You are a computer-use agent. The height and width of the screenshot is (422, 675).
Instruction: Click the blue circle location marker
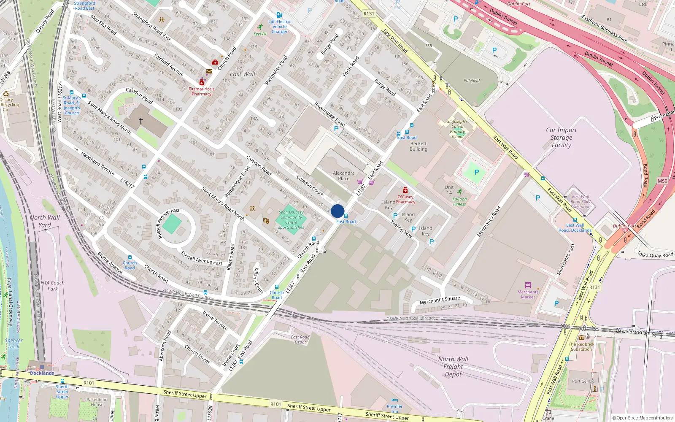[x=337, y=211]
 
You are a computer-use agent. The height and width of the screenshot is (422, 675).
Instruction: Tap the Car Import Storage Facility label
[x=561, y=138]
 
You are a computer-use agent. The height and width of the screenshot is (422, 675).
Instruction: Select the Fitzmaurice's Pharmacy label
[x=202, y=91]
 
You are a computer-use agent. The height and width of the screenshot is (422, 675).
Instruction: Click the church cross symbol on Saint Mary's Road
[x=141, y=121]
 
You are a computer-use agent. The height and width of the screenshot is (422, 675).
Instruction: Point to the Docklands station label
[x=42, y=373]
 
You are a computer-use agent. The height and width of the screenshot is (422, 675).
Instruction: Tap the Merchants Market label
[x=528, y=294]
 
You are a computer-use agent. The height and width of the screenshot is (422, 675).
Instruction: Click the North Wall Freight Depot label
[x=453, y=366]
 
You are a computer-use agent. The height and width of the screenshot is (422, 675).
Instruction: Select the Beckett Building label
[x=418, y=146]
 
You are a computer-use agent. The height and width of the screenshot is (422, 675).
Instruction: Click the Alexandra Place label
[x=343, y=176]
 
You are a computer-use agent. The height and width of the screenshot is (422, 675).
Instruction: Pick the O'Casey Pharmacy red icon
[x=405, y=190]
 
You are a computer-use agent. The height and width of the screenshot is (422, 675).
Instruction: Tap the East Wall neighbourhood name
[x=243, y=74]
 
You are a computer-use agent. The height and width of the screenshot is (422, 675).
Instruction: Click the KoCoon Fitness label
[x=459, y=201]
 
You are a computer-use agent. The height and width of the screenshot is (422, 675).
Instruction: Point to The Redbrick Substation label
[x=581, y=346]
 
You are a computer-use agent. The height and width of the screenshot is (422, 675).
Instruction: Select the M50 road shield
[x=662, y=181]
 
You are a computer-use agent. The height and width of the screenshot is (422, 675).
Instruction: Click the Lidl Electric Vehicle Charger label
[x=279, y=26]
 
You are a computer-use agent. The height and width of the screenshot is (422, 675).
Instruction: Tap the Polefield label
[x=472, y=81]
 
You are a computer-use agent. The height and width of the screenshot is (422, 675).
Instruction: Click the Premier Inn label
[x=394, y=408]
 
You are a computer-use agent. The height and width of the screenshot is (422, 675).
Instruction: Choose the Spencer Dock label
[x=13, y=343]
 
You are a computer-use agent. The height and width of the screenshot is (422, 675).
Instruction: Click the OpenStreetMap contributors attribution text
[x=643, y=418]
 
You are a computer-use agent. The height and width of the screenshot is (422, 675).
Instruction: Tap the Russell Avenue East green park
[x=172, y=224]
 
